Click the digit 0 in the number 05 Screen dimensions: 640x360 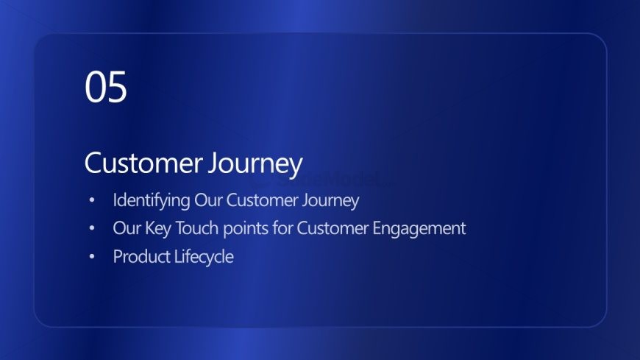[95, 87]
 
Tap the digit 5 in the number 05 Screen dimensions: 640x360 [117, 87]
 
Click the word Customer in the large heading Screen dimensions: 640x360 [143, 163]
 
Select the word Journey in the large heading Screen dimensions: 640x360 [255, 164]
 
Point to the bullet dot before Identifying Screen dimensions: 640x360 [92, 200]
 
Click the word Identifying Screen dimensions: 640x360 [152, 201]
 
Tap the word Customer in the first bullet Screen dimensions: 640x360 [263, 200]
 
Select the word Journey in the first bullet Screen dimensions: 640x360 [330, 201]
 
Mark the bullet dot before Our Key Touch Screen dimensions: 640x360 [92, 228]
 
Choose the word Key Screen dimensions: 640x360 [158, 229]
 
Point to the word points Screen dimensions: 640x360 [246, 229]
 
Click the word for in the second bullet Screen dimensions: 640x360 [283, 228]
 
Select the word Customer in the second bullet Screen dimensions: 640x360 [333, 228]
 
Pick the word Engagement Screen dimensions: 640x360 [419, 229]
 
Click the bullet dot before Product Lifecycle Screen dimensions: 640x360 [92, 256]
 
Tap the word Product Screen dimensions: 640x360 [142, 257]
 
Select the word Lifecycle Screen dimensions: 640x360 [204, 258]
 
